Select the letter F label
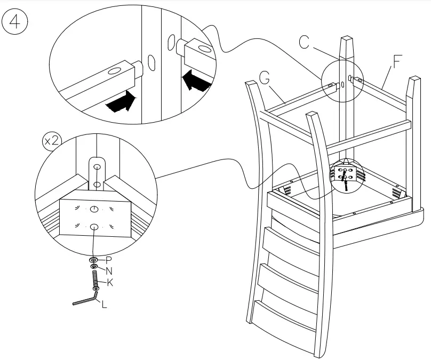[397, 61]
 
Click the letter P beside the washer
[108, 260]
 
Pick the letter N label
[109, 270]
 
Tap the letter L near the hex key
[103, 306]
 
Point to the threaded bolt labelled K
[95, 280]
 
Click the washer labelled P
[94, 260]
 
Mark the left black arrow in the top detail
[119, 102]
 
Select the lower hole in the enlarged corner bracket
[94, 227]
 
